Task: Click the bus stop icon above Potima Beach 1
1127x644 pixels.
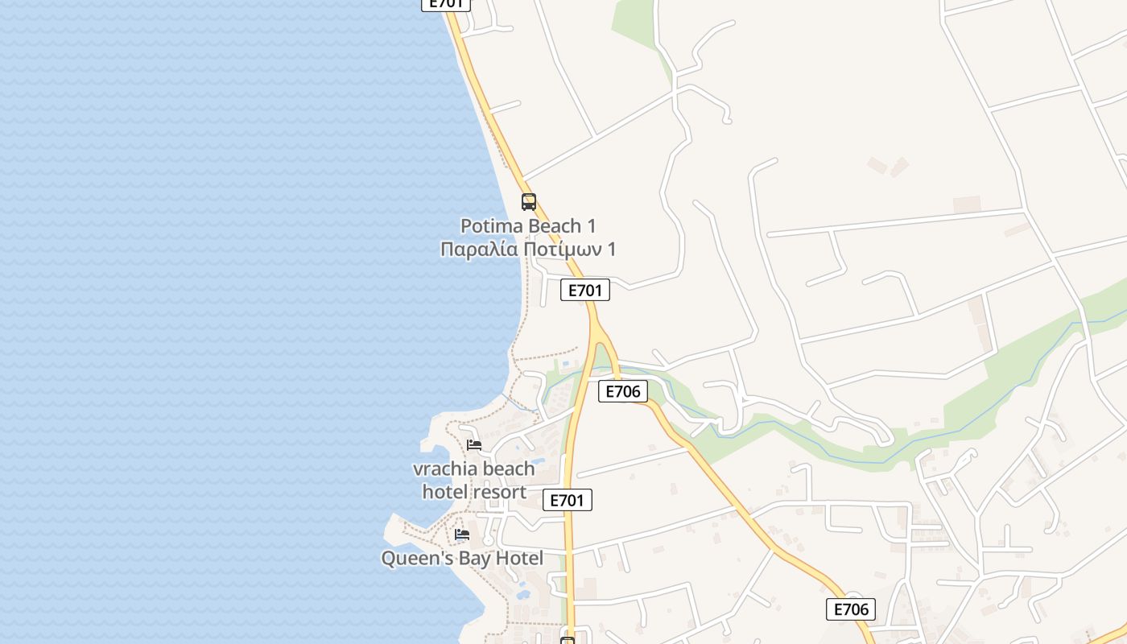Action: [528, 202]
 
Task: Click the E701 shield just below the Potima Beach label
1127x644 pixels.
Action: [584, 291]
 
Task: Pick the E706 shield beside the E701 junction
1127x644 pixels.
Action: [622, 392]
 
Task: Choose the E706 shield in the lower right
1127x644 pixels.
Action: [850, 609]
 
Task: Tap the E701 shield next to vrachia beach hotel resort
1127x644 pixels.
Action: [567, 500]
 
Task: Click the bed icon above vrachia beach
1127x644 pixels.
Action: [474, 444]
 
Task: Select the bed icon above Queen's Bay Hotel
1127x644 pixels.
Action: [461, 534]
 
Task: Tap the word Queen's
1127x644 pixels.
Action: [411, 559]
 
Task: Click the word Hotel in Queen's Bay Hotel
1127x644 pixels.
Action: [518, 559]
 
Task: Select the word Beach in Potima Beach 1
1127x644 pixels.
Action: [555, 226]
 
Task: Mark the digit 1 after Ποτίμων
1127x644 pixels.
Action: [612, 250]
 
